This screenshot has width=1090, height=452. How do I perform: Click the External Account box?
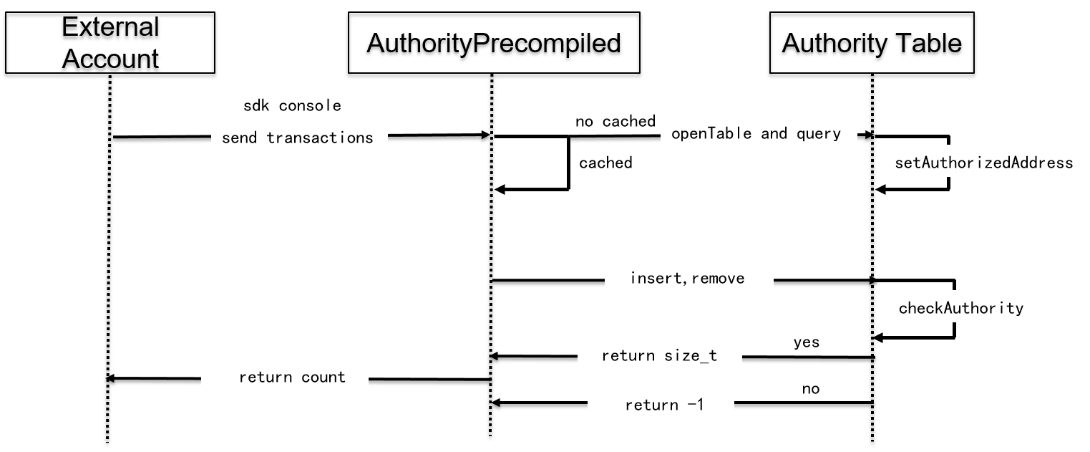click(x=110, y=43)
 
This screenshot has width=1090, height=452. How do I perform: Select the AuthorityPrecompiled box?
click(x=494, y=43)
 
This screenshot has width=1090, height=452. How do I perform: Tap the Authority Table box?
click(x=872, y=43)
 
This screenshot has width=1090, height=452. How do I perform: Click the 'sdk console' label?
click(x=292, y=106)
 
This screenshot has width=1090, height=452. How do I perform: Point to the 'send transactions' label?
click(x=297, y=138)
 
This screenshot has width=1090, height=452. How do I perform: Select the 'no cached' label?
click(x=615, y=121)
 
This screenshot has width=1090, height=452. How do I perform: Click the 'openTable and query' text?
click(x=756, y=133)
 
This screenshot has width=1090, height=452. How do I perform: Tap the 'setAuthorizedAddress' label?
click(x=984, y=163)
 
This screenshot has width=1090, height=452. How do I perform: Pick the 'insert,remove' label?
click(x=687, y=278)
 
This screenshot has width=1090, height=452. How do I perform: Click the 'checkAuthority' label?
click(x=961, y=308)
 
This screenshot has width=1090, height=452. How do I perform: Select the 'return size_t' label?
click(x=659, y=356)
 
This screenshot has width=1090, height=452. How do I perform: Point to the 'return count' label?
click(x=292, y=378)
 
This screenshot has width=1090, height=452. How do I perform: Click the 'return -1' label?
click(x=664, y=405)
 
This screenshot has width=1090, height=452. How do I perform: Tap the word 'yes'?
click(x=807, y=342)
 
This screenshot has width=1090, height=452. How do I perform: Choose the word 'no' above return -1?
click(x=811, y=389)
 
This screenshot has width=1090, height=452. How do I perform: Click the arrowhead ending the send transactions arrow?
click(x=485, y=135)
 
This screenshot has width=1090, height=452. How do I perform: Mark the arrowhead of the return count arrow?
click(x=110, y=378)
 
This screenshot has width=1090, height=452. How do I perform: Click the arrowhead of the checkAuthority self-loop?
click(x=879, y=337)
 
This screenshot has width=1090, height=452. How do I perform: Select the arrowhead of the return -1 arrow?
click(x=496, y=403)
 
